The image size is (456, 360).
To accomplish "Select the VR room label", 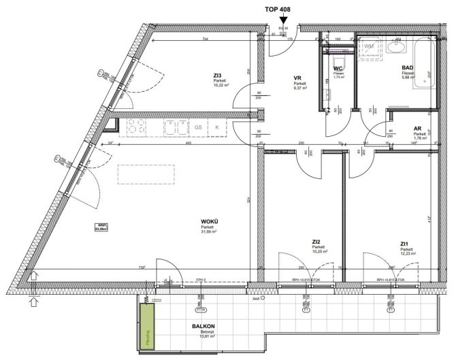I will pos(298,78).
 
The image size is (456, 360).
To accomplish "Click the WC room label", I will pos(338,69).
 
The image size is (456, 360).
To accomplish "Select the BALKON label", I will pos(204,327).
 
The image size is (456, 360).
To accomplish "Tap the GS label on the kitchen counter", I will pos(199,127).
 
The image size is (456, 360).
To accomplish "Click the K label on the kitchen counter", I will pos(217,127).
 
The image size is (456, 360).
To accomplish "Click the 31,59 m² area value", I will pos(208,232).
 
